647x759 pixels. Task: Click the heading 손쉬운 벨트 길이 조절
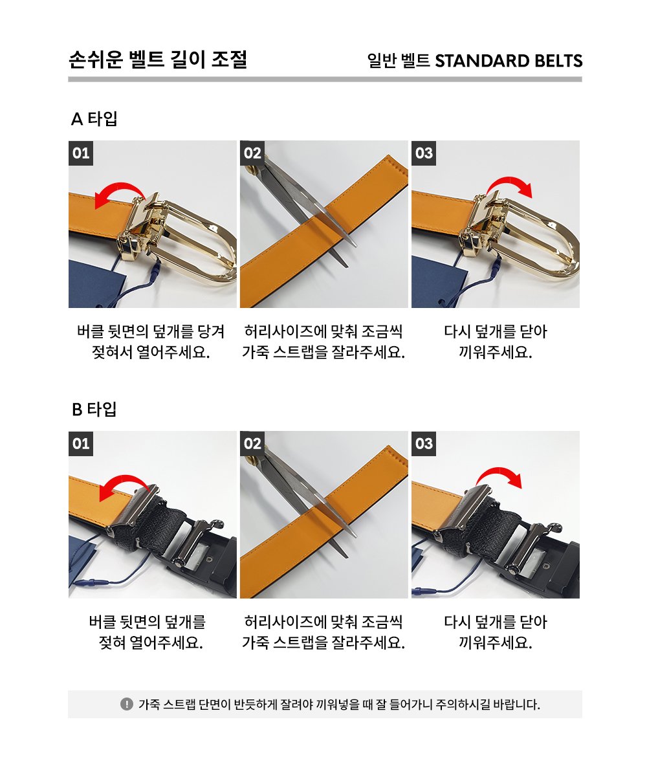click(x=159, y=59)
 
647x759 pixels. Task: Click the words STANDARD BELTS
click(x=509, y=61)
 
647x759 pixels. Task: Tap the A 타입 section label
click(x=94, y=118)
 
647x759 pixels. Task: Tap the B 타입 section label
click(x=94, y=409)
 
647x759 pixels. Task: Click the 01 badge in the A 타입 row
click(x=81, y=153)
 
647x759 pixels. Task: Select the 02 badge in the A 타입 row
click(x=252, y=153)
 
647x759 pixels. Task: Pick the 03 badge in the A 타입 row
click(x=424, y=153)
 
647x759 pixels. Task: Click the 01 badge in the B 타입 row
click(x=81, y=443)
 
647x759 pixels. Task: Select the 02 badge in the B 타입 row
click(x=252, y=443)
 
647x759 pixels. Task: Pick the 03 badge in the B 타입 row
click(x=424, y=443)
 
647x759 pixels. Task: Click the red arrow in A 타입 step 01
click(x=118, y=186)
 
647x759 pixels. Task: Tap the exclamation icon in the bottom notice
click(x=127, y=704)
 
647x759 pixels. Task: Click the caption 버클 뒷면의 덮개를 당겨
click(x=151, y=331)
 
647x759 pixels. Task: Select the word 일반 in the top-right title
click(x=382, y=61)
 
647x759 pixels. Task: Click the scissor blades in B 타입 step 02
click(x=310, y=499)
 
